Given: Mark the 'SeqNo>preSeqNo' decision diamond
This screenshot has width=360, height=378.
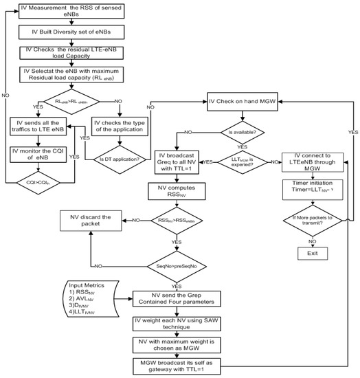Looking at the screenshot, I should pyautogui.click(x=179, y=265).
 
